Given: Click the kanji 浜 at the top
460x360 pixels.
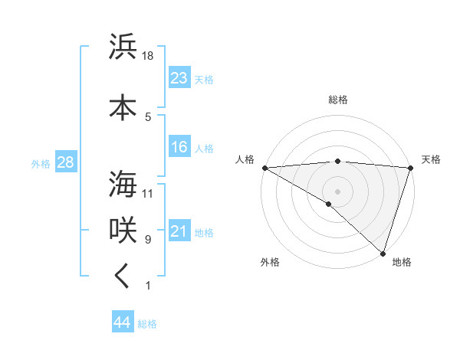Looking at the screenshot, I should [123, 47].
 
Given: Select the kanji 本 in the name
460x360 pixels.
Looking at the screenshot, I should [123, 107].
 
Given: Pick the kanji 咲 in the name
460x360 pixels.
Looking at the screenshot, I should [123, 230].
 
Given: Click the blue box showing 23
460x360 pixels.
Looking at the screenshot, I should [179, 78].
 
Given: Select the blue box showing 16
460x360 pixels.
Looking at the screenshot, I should [179, 147].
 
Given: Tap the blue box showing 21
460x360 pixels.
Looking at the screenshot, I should [179, 231].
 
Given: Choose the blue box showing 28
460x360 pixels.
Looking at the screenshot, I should [65, 162].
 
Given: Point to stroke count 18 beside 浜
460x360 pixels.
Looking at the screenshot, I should [149, 56].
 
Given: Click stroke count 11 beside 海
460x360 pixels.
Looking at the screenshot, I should [149, 193].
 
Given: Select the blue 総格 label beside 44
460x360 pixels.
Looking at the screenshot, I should [148, 324].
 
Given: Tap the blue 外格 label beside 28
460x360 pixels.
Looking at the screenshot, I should [41, 164].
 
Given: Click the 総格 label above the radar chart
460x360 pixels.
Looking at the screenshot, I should [337, 100].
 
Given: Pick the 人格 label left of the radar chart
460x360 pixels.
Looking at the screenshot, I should [245, 159].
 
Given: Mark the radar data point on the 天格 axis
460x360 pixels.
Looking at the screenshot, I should [410, 167].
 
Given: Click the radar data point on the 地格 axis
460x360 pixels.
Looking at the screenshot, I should [383, 253].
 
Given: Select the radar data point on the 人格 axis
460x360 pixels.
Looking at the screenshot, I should [264, 167].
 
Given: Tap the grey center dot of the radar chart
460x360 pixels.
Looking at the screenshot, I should [337, 191].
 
